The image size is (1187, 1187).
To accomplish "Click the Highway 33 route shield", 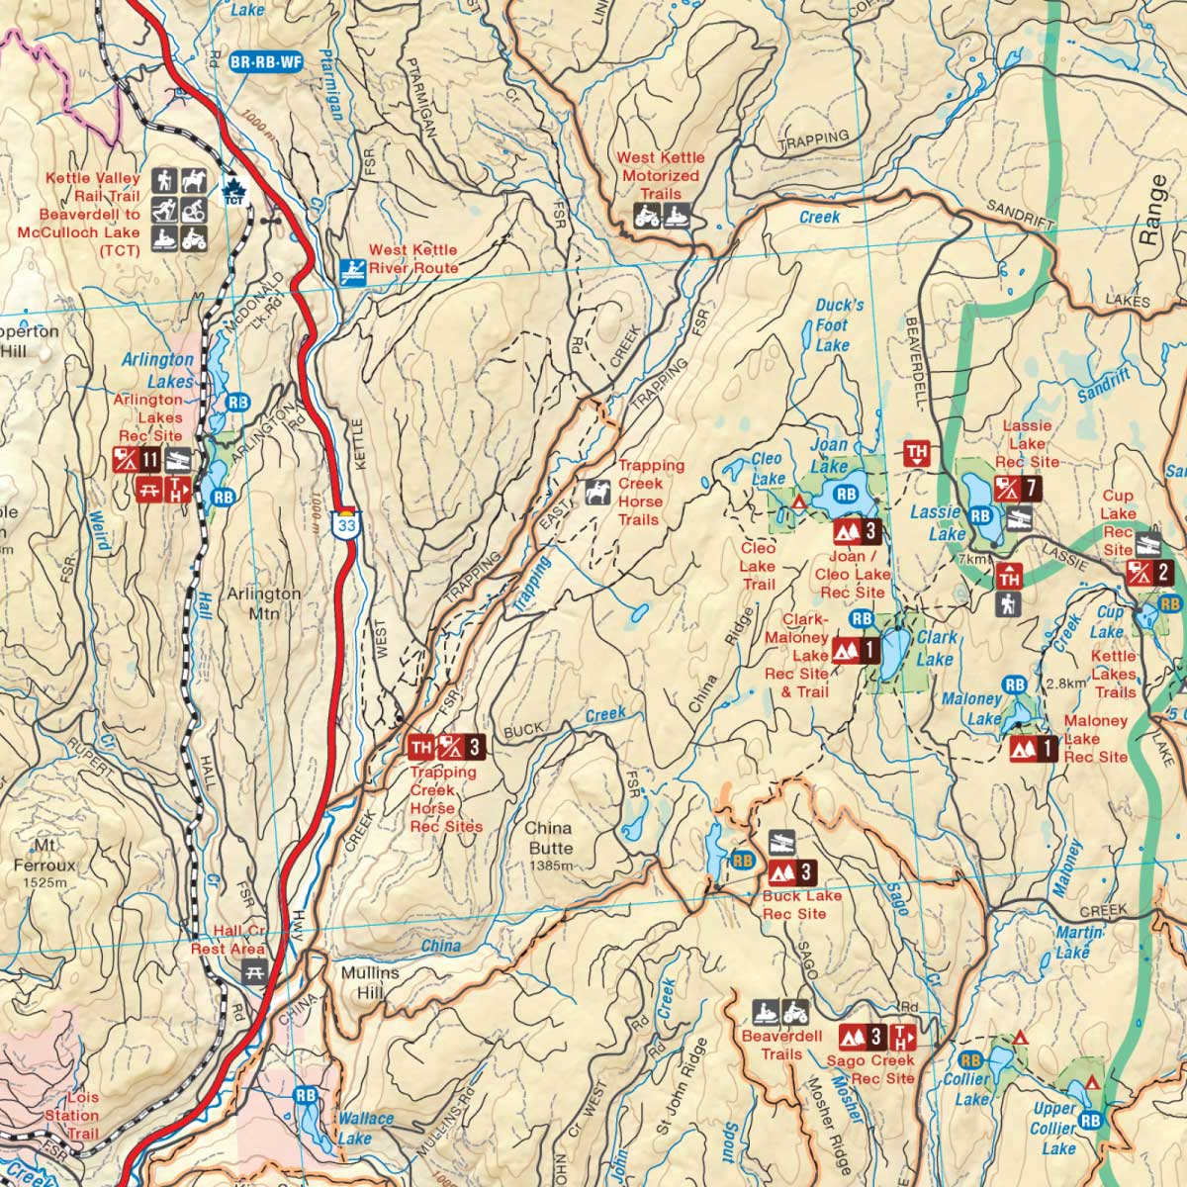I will click(x=345, y=524).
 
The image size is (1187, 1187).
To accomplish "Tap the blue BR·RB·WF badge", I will click(x=265, y=62).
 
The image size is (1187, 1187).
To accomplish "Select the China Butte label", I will click(x=550, y=839).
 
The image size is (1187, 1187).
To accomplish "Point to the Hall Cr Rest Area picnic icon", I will click(x=254, y=972).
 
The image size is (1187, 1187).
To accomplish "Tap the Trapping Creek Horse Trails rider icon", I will click(x=597, y=492).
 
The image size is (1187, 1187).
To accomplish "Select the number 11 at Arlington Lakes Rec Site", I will click(x=150, y=459).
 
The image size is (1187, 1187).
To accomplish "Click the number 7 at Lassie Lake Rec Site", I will click(x=1031, y=487).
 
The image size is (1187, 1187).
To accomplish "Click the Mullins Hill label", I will click(x=370, y=982).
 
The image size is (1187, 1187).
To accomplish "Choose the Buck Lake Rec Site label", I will click(x=801, y=904).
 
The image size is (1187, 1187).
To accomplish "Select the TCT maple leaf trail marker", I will click(x=234, y=192).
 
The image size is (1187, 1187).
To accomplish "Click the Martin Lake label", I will click(x=1078, y=942).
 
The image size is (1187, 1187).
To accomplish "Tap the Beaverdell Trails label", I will click(x=781, y=1045).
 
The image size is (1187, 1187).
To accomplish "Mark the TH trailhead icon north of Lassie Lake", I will click(x=917, y=454).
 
